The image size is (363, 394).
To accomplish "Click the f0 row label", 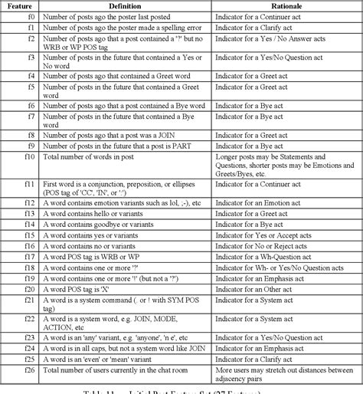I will pos(31,16).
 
